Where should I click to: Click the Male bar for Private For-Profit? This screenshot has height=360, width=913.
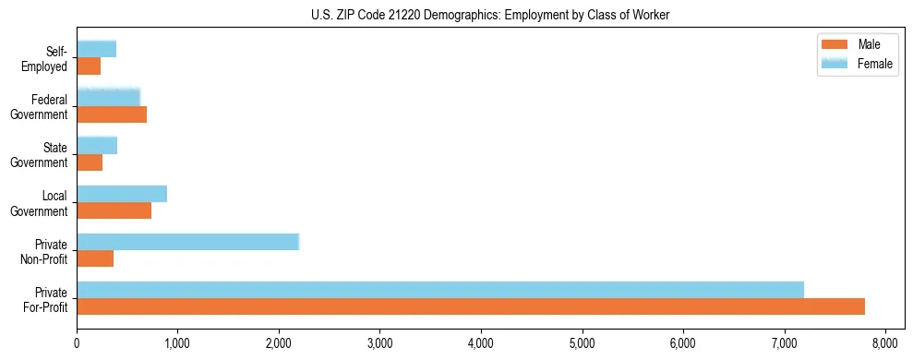471,306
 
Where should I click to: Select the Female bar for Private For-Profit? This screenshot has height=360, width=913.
440,290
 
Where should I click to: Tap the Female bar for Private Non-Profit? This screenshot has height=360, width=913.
187,242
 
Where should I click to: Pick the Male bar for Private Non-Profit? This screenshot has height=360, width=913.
95,258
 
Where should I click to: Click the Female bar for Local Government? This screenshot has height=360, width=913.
122,194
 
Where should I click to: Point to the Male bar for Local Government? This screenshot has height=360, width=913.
114,210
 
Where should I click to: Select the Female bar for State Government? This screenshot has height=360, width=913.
97,145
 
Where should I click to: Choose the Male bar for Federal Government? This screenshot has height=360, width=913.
112,114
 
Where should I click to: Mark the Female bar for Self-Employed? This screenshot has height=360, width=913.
96,49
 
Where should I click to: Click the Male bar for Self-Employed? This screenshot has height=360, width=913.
89,66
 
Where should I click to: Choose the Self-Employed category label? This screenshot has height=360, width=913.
50,58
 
